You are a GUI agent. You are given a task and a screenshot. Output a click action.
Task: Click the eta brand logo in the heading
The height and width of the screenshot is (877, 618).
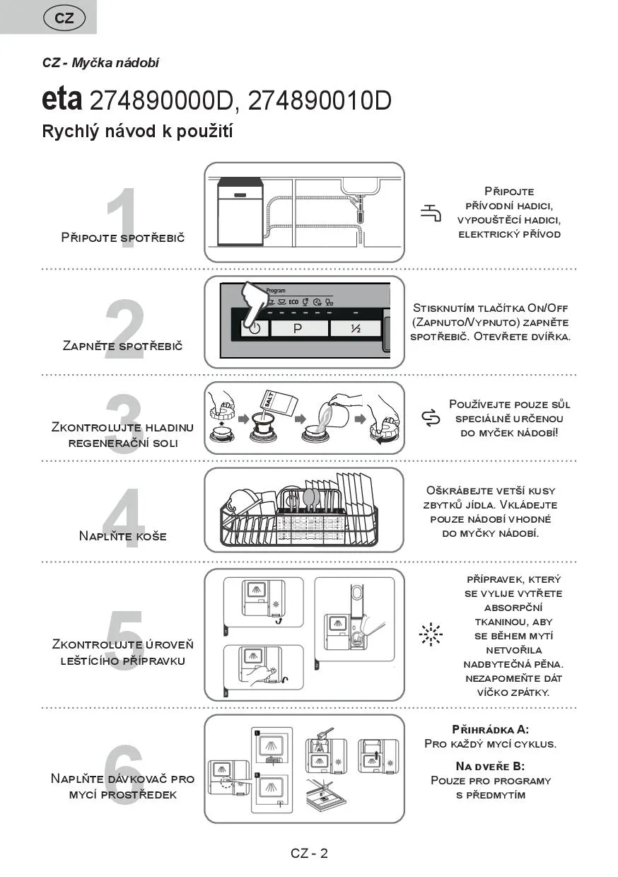click(62, 100)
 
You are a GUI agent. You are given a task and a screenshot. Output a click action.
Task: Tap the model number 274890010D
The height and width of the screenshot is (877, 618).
click(320, 101)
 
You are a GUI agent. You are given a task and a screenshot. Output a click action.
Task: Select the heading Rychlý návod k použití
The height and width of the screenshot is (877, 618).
click(137, 132)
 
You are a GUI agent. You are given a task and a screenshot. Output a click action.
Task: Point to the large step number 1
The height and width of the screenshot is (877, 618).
click(122, 212)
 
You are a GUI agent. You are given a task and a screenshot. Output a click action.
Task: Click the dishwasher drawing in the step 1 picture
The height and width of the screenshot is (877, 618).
click(240, 213)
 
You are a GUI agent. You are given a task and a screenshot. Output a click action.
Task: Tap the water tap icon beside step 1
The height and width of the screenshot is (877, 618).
click(431, 212)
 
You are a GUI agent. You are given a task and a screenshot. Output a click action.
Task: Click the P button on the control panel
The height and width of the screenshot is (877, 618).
click(298, 329)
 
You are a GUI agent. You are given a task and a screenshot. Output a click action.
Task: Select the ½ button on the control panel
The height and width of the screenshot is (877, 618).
click(356, 329)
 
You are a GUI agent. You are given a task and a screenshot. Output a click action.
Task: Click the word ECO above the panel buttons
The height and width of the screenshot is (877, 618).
click(293, 302)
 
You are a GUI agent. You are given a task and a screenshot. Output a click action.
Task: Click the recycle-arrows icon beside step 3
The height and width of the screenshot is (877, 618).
click(430, 419)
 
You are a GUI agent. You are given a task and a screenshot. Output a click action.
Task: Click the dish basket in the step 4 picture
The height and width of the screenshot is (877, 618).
click(299, 513)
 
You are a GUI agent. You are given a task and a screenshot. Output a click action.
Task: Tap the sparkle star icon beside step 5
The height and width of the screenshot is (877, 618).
click(430, 634)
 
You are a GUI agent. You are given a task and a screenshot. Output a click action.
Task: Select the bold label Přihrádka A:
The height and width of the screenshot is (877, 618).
click(490, 729)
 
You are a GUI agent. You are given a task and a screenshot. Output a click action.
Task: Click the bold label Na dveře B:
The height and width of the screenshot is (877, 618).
click(490, 766)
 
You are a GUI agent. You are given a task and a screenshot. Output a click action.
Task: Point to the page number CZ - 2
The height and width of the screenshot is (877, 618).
click(309, 853)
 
